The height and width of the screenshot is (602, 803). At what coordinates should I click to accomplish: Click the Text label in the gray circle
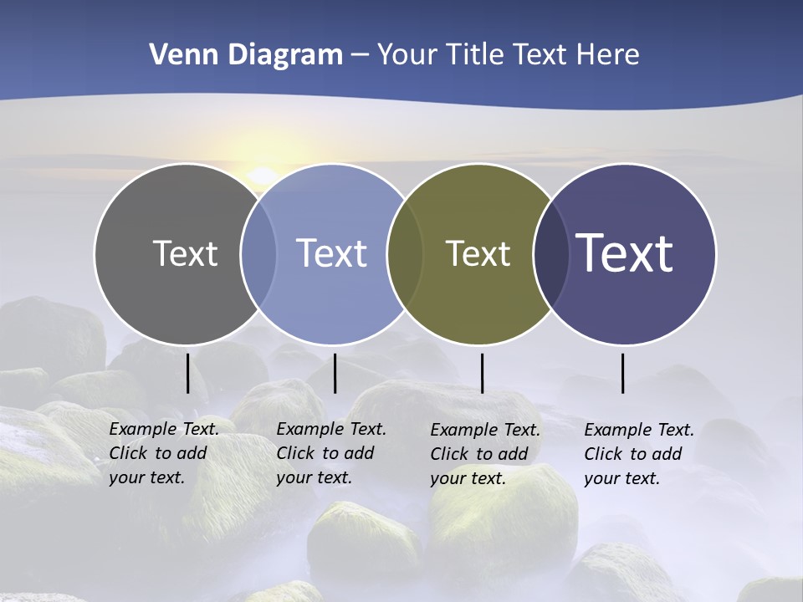tap(185, 253)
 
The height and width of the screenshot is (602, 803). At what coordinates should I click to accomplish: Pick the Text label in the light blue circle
tap(332, 253)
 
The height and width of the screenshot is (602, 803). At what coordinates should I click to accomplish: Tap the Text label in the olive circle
tap(478, 253)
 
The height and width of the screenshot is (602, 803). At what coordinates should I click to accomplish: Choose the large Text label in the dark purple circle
tap(625, 253)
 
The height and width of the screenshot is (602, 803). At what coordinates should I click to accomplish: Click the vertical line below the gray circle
tap(187, 373)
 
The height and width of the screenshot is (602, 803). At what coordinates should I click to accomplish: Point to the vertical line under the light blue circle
tap(335, 373)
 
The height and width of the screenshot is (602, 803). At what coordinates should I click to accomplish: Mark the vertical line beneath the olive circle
tap(482, 373)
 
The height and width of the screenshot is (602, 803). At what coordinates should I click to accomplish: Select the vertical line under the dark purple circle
tap(622, 373)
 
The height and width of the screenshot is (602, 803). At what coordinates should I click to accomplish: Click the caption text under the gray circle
tap(163, 453)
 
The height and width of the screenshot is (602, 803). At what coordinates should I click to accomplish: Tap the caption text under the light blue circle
tap(330, 453)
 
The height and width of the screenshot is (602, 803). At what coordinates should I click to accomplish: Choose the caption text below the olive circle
tap(484, 454)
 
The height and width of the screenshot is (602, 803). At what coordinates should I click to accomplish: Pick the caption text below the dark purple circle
tap(638, 454)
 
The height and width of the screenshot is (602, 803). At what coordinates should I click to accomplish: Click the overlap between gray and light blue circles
tap(259, 254)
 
